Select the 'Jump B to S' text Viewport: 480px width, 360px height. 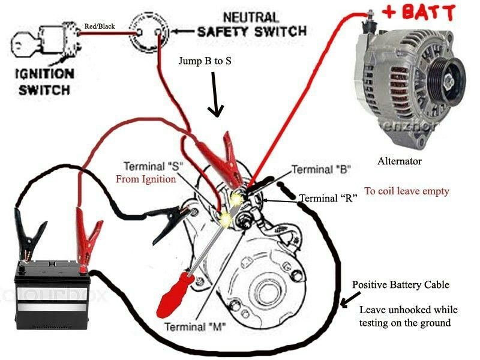205,61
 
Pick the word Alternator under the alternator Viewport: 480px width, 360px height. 400,161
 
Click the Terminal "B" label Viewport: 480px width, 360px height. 321,169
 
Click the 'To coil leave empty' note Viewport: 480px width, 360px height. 406,191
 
